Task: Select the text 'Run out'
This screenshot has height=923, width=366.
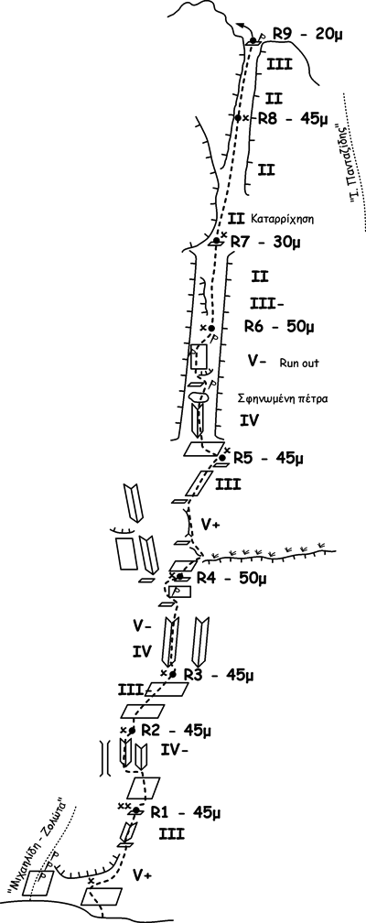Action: click(299, 364)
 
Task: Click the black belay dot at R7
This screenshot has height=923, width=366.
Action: click(217, 241)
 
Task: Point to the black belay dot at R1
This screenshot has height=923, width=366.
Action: click(136, 810)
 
